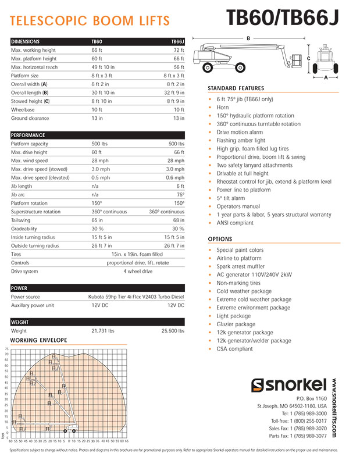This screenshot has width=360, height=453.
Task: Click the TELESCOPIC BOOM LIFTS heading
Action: point(90,22)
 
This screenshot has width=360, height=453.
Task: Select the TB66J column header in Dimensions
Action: point(177,42)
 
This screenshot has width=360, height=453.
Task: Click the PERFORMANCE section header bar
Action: point(98,135)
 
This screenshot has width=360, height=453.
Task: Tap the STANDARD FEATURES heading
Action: point(236,88)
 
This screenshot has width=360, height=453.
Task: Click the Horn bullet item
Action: point(223,108)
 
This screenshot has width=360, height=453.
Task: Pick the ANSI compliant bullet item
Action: point(235,223)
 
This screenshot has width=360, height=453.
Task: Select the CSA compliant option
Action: point(234,349)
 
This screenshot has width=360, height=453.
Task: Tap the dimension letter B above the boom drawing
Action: point(248,38)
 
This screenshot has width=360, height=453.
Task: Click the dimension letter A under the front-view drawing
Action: point(326,76)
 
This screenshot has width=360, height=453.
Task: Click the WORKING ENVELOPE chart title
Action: point(39,340)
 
